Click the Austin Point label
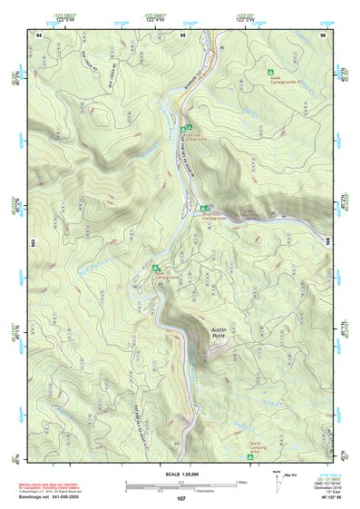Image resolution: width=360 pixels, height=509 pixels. coord(223,334)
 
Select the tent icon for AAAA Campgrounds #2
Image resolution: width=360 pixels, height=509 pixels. coord(268,71)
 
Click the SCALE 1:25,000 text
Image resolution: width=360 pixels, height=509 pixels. coord(179,475)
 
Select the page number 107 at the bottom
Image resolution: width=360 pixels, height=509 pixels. coord(182,500)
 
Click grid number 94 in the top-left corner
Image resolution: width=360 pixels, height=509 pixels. coord(39,34)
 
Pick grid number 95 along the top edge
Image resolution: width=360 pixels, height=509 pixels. coord(183,34)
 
